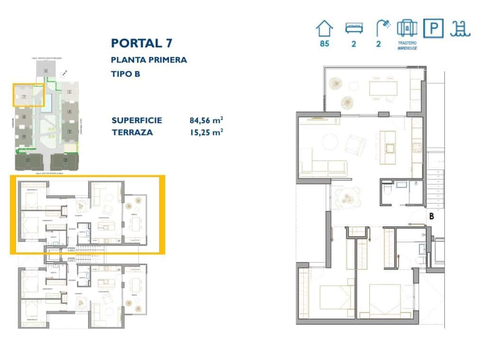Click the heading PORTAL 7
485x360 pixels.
tap(142, 43)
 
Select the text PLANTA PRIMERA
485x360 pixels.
tap(149, 60)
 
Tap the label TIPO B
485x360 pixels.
tap(126, 74)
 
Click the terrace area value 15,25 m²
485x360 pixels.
tap(206, 133)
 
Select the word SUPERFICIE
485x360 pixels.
tap(137, 120)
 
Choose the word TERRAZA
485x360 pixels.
tap(132, 133)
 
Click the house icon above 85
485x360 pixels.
tap(324, 28)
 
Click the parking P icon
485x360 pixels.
tap(433, 28)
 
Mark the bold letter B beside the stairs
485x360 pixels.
tap(431, 216)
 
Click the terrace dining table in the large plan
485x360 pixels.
tap(384, 89)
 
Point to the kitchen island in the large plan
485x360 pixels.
tap(390, 146)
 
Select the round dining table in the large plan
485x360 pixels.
tap(348, 198)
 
